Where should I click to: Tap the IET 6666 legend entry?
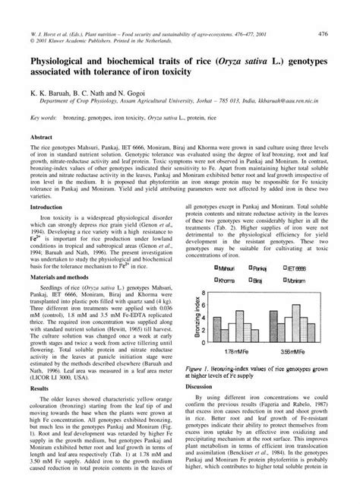293,268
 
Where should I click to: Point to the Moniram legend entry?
293,281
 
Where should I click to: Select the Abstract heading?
40,137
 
